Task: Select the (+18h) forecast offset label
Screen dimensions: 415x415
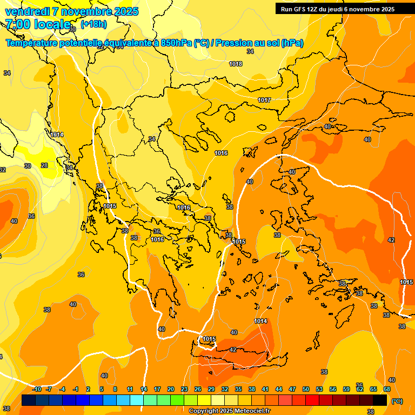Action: click(x=93, y=24)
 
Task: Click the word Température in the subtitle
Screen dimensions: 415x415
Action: click(x=31, y=43)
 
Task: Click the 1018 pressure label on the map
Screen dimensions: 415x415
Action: click(x=236, y=64)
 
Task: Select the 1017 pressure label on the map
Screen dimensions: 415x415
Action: click(x=264, y=100)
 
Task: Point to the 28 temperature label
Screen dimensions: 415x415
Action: click(x=44, y=165)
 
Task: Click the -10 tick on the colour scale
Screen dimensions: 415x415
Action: click(x=37, y=389)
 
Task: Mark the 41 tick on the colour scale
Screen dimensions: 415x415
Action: click(x=265, y=389)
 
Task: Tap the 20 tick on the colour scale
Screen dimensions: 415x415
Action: click(x=171, y=389)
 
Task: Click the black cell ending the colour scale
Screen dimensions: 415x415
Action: click(x=380, y=400)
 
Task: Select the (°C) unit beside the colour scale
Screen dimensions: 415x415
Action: click(x=397, y=400)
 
